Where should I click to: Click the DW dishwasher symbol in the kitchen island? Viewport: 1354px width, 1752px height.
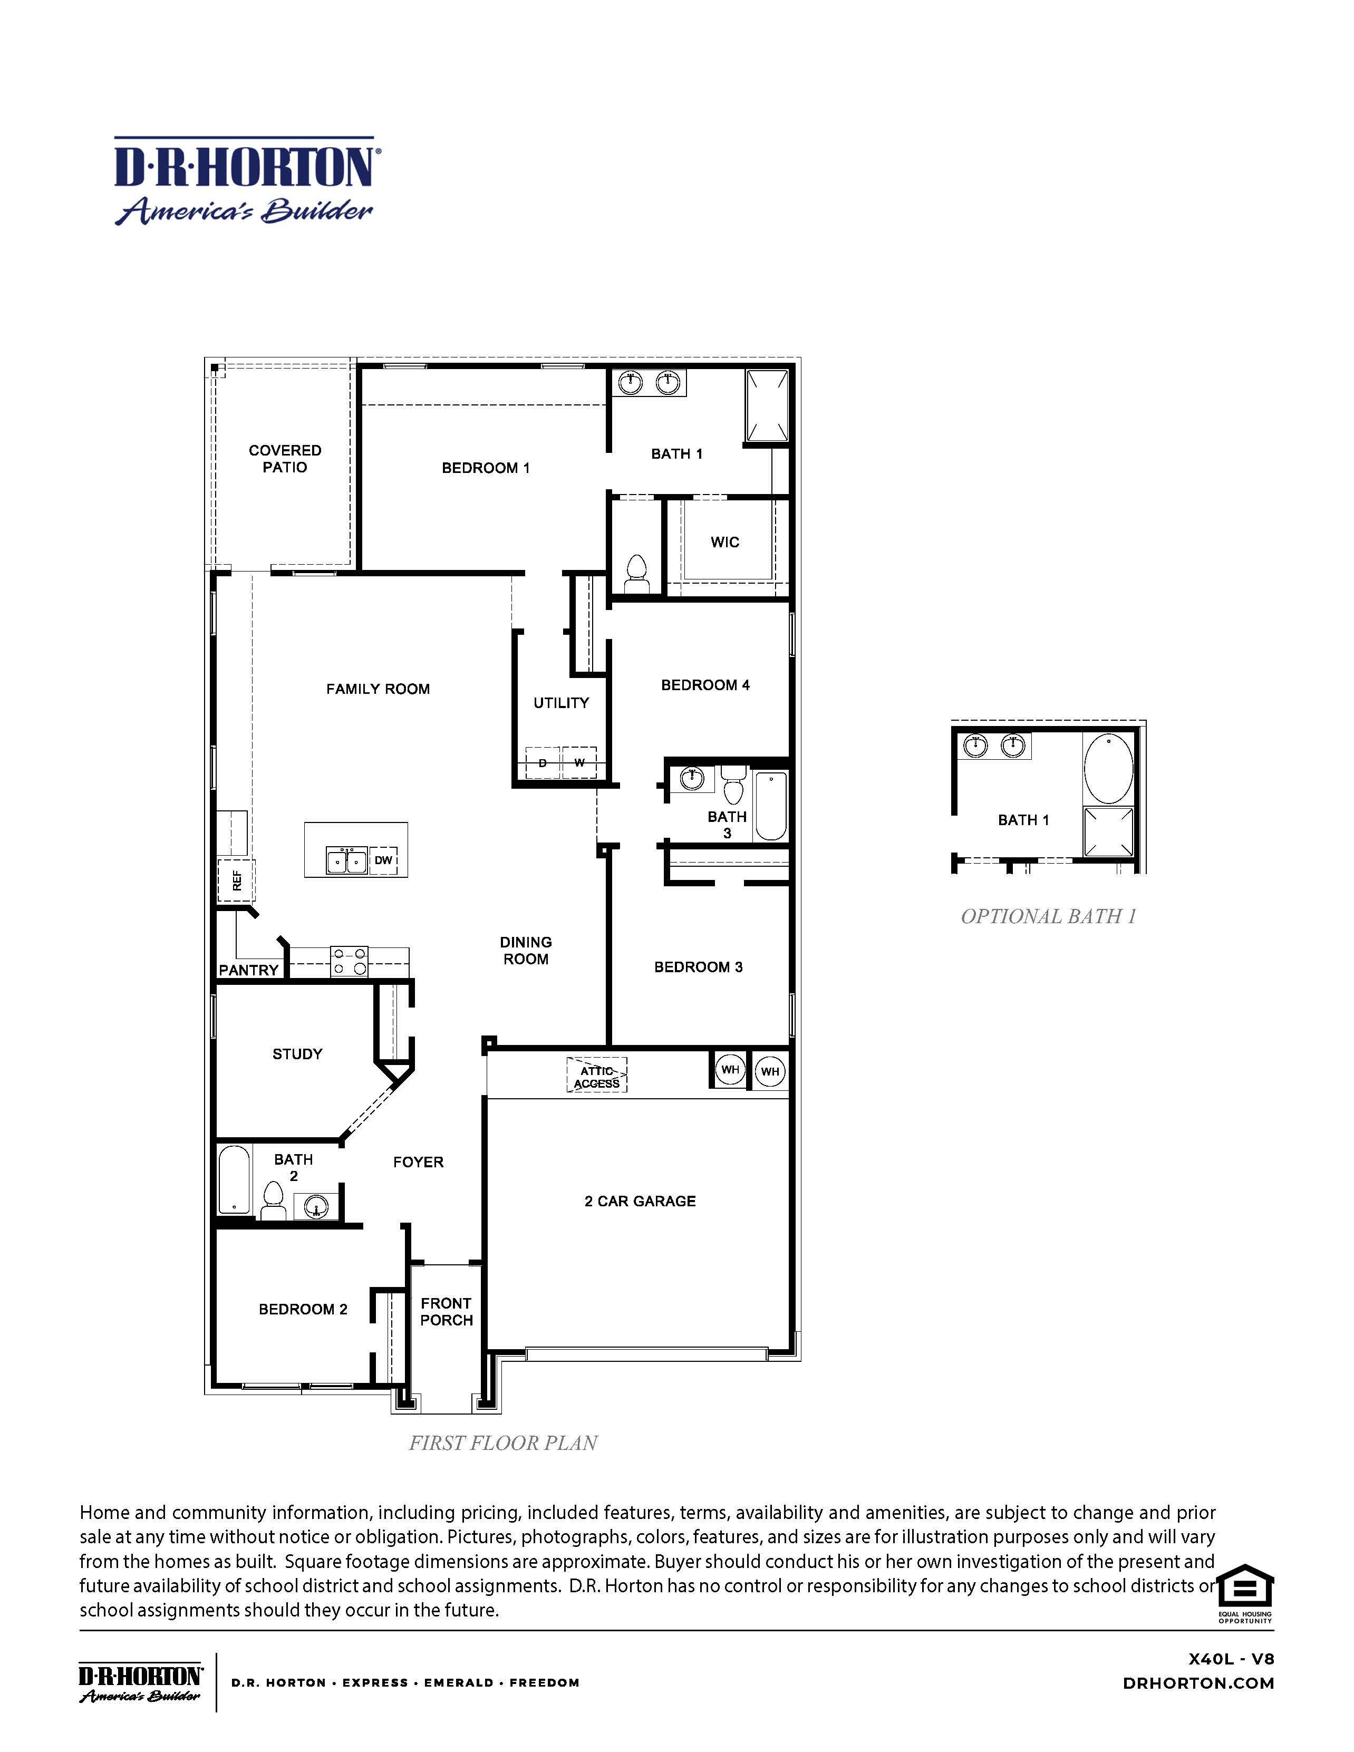(383, 860)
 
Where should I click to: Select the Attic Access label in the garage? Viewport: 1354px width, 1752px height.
(597, 1077)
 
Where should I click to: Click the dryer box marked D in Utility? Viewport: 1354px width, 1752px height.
(542, 762)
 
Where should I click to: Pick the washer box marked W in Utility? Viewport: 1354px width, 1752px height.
(579, 762)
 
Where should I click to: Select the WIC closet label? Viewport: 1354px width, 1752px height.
(724, 543)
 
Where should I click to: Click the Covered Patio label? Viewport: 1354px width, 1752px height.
(285, 459)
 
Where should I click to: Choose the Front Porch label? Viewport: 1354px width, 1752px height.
(446, 1312)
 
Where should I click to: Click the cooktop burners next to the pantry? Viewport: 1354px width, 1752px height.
(350, 962)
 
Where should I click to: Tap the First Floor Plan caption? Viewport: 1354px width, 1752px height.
(503, 1443)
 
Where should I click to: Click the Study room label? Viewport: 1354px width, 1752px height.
(297, 1054)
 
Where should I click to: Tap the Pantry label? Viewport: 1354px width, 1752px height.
(249, 970)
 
